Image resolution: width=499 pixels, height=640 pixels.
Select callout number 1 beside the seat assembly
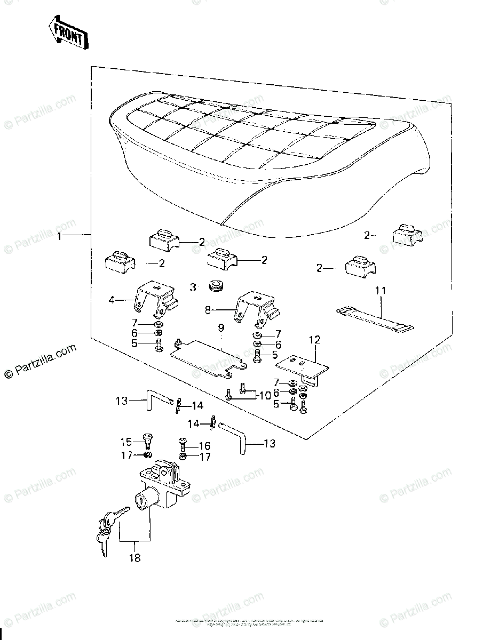pos(62,235)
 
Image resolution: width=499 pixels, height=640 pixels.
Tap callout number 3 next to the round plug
pos(193,287)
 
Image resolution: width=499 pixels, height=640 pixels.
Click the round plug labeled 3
pos(216,285)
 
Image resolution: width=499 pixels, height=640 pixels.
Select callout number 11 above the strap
pos(379,291)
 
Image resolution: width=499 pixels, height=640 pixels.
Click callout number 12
pos(314,339)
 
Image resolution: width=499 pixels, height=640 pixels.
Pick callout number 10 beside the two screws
pos(265,395)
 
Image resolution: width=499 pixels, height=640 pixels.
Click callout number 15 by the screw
pos(125,442)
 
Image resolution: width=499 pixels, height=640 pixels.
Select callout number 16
pos(204,445)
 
